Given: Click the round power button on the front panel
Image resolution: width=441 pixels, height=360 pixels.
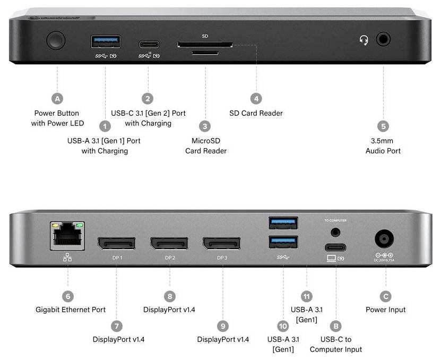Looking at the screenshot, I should coord(56,40).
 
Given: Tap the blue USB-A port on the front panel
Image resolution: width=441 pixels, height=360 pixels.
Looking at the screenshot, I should coord(106,41).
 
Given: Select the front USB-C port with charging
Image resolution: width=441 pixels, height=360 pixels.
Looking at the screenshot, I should coord(148,44).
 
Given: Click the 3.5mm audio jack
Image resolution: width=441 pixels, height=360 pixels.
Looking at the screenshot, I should coord(383,39).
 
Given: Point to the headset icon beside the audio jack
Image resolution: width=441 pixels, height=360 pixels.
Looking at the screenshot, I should coord(364,40).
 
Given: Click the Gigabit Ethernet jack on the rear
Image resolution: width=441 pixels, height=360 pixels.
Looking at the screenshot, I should coord(68,236).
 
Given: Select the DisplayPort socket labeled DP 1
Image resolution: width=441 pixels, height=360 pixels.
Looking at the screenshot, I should coord(116,244).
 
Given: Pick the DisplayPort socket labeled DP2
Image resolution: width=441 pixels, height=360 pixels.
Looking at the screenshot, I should coord(169,244).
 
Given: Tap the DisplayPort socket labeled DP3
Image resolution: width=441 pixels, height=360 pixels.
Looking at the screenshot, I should coord(222,244).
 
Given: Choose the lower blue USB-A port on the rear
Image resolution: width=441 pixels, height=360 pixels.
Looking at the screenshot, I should coord(283,242).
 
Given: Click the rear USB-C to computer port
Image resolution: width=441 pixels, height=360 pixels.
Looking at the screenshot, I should coord(335,247).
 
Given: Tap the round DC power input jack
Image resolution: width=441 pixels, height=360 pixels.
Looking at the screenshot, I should coord(386,238).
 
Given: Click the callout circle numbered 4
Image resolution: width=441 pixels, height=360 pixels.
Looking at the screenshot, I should coord(256,98).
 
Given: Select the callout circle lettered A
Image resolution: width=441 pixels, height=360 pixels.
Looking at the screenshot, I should coord(57,98).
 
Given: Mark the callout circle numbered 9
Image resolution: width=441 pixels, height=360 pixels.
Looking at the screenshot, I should coord(223,325).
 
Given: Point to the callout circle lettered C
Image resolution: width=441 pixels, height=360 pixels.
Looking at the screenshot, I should coord(386,296).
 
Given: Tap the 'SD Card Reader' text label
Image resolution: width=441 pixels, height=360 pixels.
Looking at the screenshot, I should coord(256,113).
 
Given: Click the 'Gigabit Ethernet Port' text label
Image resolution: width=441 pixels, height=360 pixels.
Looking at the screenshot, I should coord(71,310).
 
